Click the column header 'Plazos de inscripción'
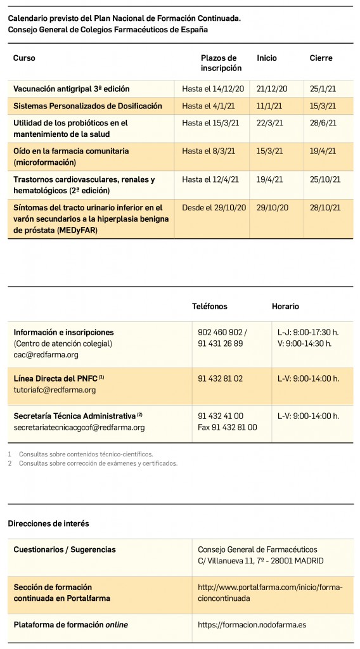[x=221, y=63]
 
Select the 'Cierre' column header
[x=321, y=58]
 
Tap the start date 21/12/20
[x=272, y=89]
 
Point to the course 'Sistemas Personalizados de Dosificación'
[x=87, y=106]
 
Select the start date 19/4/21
[x=270, y=179]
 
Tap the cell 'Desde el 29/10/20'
[x=212, y=207]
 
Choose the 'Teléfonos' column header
[x=209, y=306]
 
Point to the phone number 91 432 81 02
[x=220, y=378]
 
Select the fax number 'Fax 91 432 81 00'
[x=228, y=427]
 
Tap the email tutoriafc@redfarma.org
[x=55, y=390]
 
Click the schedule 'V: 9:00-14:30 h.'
[x=304, y=344]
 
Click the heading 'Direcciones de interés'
[x=48, y=524]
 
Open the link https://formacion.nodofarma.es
[x=252, y=624]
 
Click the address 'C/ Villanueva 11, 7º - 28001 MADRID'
[x=260, y=561]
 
